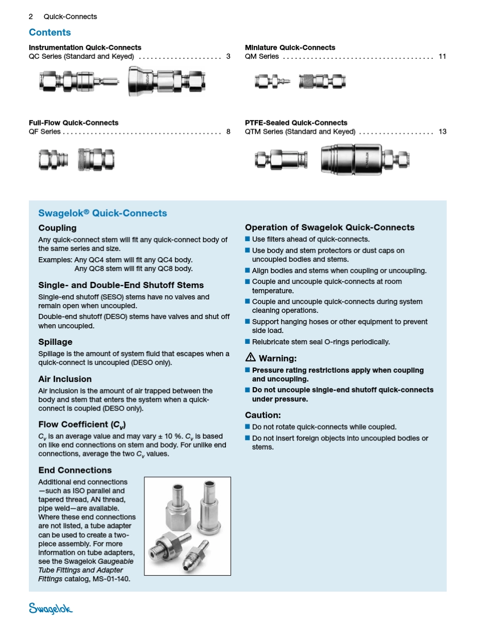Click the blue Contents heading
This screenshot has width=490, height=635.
50,32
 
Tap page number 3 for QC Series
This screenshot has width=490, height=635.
228,56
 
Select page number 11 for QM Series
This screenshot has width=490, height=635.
442,56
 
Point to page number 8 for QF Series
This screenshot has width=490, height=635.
228,132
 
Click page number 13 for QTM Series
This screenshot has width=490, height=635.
443,132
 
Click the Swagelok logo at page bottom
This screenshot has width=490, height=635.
51,609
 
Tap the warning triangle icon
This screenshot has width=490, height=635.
250,357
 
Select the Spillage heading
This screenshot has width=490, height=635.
56,342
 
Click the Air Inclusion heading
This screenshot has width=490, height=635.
65,379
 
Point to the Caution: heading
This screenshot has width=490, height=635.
263,415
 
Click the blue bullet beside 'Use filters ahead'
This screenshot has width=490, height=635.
248,239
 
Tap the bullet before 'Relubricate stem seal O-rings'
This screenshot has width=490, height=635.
248,341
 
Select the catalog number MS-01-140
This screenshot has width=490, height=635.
111,579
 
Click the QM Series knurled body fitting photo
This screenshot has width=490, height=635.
322,81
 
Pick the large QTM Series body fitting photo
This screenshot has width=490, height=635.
365,160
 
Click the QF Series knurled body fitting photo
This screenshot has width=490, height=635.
96,160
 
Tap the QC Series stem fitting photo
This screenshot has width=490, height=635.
79,81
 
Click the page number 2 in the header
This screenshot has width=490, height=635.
30,17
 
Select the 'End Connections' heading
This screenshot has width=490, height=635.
75,470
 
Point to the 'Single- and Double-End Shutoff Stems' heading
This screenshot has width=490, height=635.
121,285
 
